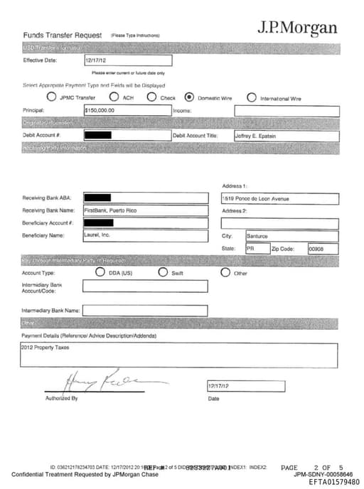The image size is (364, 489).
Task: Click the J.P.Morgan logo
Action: tap(296, 28)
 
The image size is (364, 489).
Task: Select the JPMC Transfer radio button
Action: tap(51, 97)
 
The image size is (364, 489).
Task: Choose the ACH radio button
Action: tap(114, 97)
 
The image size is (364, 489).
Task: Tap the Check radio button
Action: tap(151, 97)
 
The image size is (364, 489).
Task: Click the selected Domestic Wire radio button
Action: tap(189, 97)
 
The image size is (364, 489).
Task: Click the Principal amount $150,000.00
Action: tap(100, 111)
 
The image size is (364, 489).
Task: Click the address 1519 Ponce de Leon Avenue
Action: tap(256, 199)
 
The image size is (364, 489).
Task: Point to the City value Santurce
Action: tap(257, 235)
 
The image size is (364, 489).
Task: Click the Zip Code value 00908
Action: tap(316, 249)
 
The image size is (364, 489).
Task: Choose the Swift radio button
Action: tap(163, 272)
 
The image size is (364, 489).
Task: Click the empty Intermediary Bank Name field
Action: tap(145, 311)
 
